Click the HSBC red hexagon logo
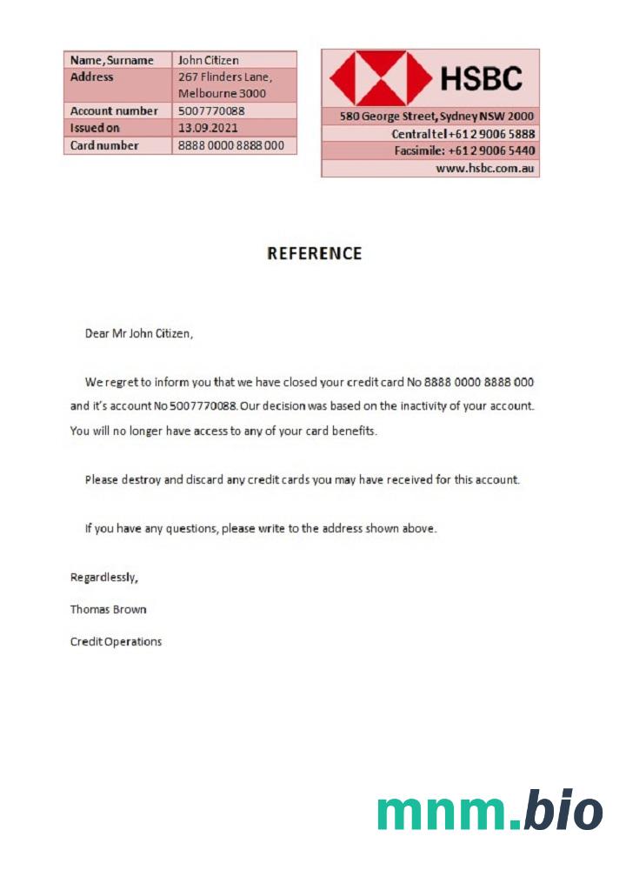pyautogui.click(x=368, y=78)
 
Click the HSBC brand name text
pyautogui.click(x=481, y=79)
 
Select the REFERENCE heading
pyautogui.click(x=314, y=254)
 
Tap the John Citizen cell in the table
pyautogui.click(x=209, y=60)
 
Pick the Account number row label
pyautogui.click(x=114, y=111)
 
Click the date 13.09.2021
pyautogui.click(x=208, y=128)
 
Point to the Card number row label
pyautogui.click(x=104, y=145)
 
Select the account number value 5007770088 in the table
pyautogui.click(x=211, y=111)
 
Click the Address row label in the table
pyautogui.click(x=92, y=77)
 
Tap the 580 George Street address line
pyautogui.click(x=436, y=117)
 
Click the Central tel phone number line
pyautogui.click(x=463, y=134)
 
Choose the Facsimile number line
pyautogui.click(x=464, y=151)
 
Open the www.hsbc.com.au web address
pyautogui.click(x=484, y=168)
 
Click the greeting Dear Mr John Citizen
pyautogui.click(x=138, y=333)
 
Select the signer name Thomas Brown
pyautogui.click(x=109, y=609)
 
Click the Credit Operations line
pyautogui.click(x=116, y=642)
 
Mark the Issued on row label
pyautogui.click(x=95, y=128)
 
